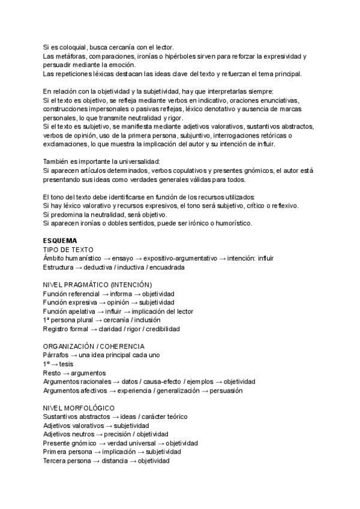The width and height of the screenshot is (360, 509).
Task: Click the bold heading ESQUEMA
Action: click(61, 240)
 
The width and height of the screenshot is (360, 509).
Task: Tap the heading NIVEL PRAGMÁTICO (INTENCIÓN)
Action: click(97, 284)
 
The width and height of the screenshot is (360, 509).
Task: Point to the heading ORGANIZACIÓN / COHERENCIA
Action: click(93, 346)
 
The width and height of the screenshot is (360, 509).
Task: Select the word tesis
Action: click(67, 364)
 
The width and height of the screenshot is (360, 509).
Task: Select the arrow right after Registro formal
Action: click(94, 329)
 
